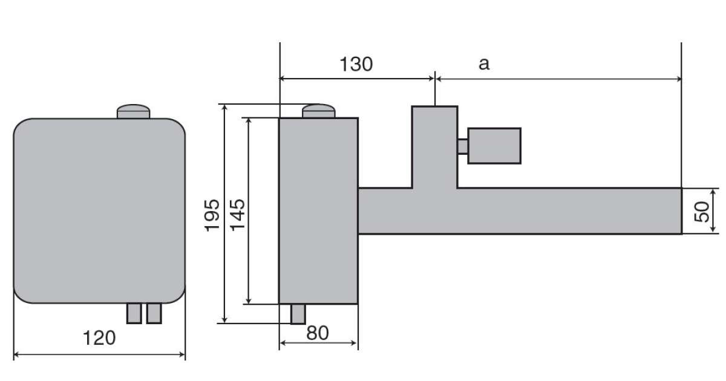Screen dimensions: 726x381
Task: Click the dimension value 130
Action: click(x=356, y=64)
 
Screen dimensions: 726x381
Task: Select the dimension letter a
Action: click(x=484, y=64)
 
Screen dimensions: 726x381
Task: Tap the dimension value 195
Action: click(x=212, y=215)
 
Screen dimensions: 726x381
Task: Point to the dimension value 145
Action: click(x=238, y=215)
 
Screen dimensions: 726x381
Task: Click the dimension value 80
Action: click(x=317, y=333)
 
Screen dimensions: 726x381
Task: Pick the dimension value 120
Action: click(x=99, y=338)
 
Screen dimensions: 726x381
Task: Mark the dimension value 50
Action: click(x=702, y=212)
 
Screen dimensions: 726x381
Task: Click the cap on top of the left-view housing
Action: click(x=133, y=111)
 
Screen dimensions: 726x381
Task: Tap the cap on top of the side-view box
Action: click(x=319, y=111)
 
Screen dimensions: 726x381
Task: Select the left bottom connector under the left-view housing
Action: click(x=134, y=313)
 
